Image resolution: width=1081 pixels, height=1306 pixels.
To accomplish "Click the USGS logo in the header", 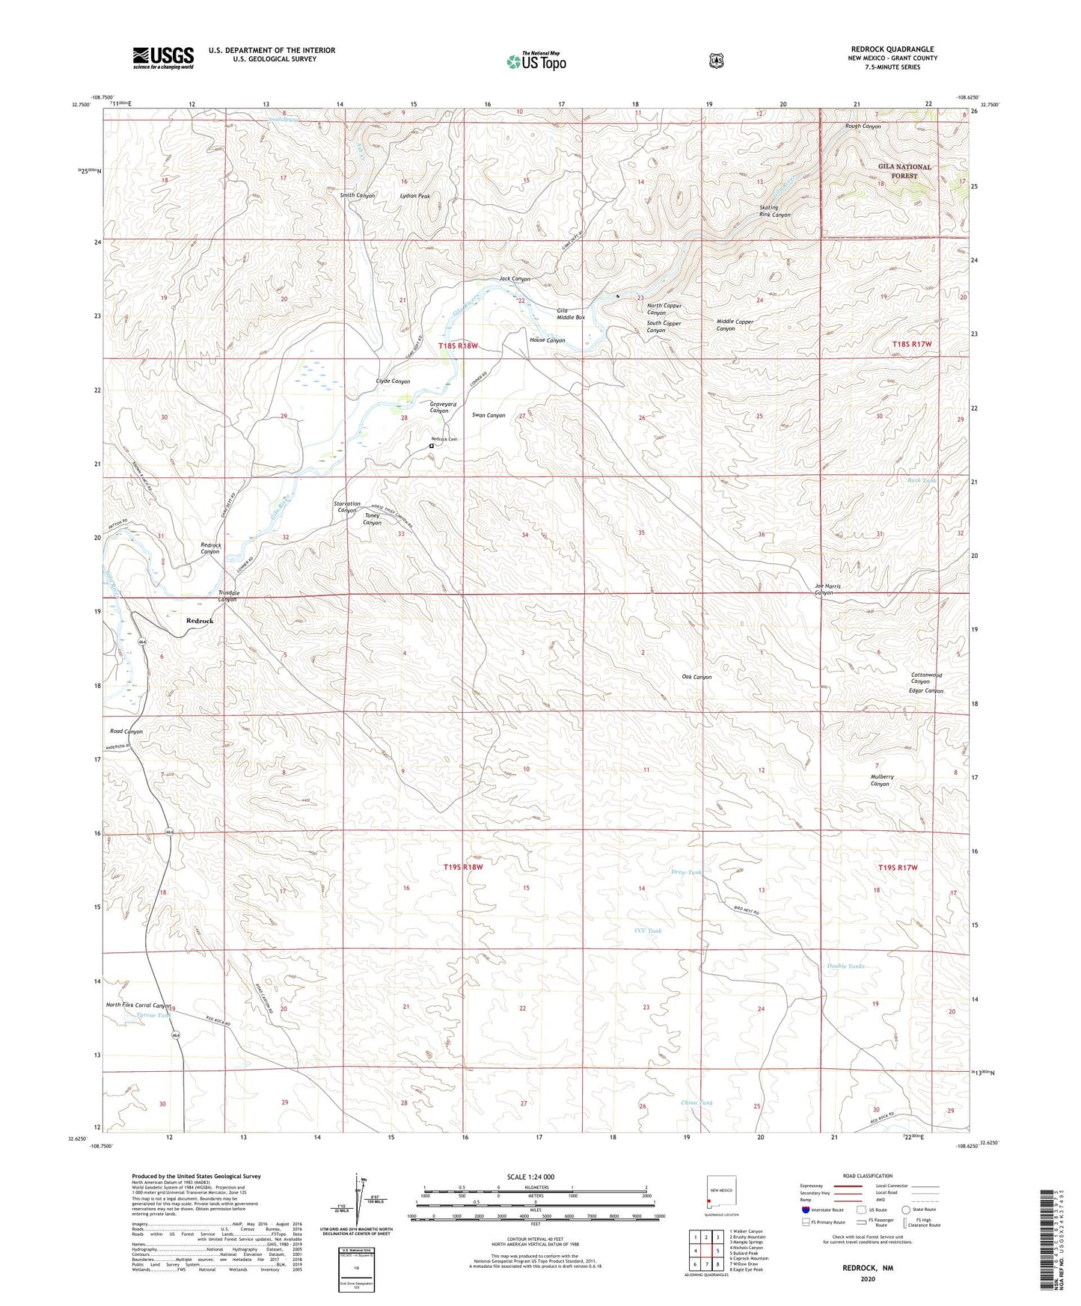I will click(163, 58).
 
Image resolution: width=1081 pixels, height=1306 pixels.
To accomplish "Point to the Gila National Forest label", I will click(904, 171).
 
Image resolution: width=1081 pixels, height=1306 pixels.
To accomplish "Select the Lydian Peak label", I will click(414, 196).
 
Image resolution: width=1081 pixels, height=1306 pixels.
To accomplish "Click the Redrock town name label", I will click(200, 621).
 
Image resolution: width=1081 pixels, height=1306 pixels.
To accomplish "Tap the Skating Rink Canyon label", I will click(774, 211).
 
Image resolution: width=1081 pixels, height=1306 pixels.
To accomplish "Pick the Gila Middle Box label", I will click(571, 313).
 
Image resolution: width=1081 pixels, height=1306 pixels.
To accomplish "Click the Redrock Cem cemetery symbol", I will click(431, 447).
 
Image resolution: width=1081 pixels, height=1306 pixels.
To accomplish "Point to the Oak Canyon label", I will click(696, 677).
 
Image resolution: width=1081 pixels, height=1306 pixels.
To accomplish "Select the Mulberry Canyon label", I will click(881, 780).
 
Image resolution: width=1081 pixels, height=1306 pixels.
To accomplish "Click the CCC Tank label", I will click(647, 931).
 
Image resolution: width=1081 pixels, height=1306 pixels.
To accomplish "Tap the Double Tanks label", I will click(845, 966).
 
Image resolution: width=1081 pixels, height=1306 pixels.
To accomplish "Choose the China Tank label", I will click(696, 1103).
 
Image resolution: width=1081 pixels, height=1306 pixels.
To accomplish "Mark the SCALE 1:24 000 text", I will click(530, 1177).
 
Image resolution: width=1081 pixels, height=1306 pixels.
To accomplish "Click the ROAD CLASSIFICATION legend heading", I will click(867, 1176).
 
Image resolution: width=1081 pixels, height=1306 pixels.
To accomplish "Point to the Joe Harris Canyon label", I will click(827, 589).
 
